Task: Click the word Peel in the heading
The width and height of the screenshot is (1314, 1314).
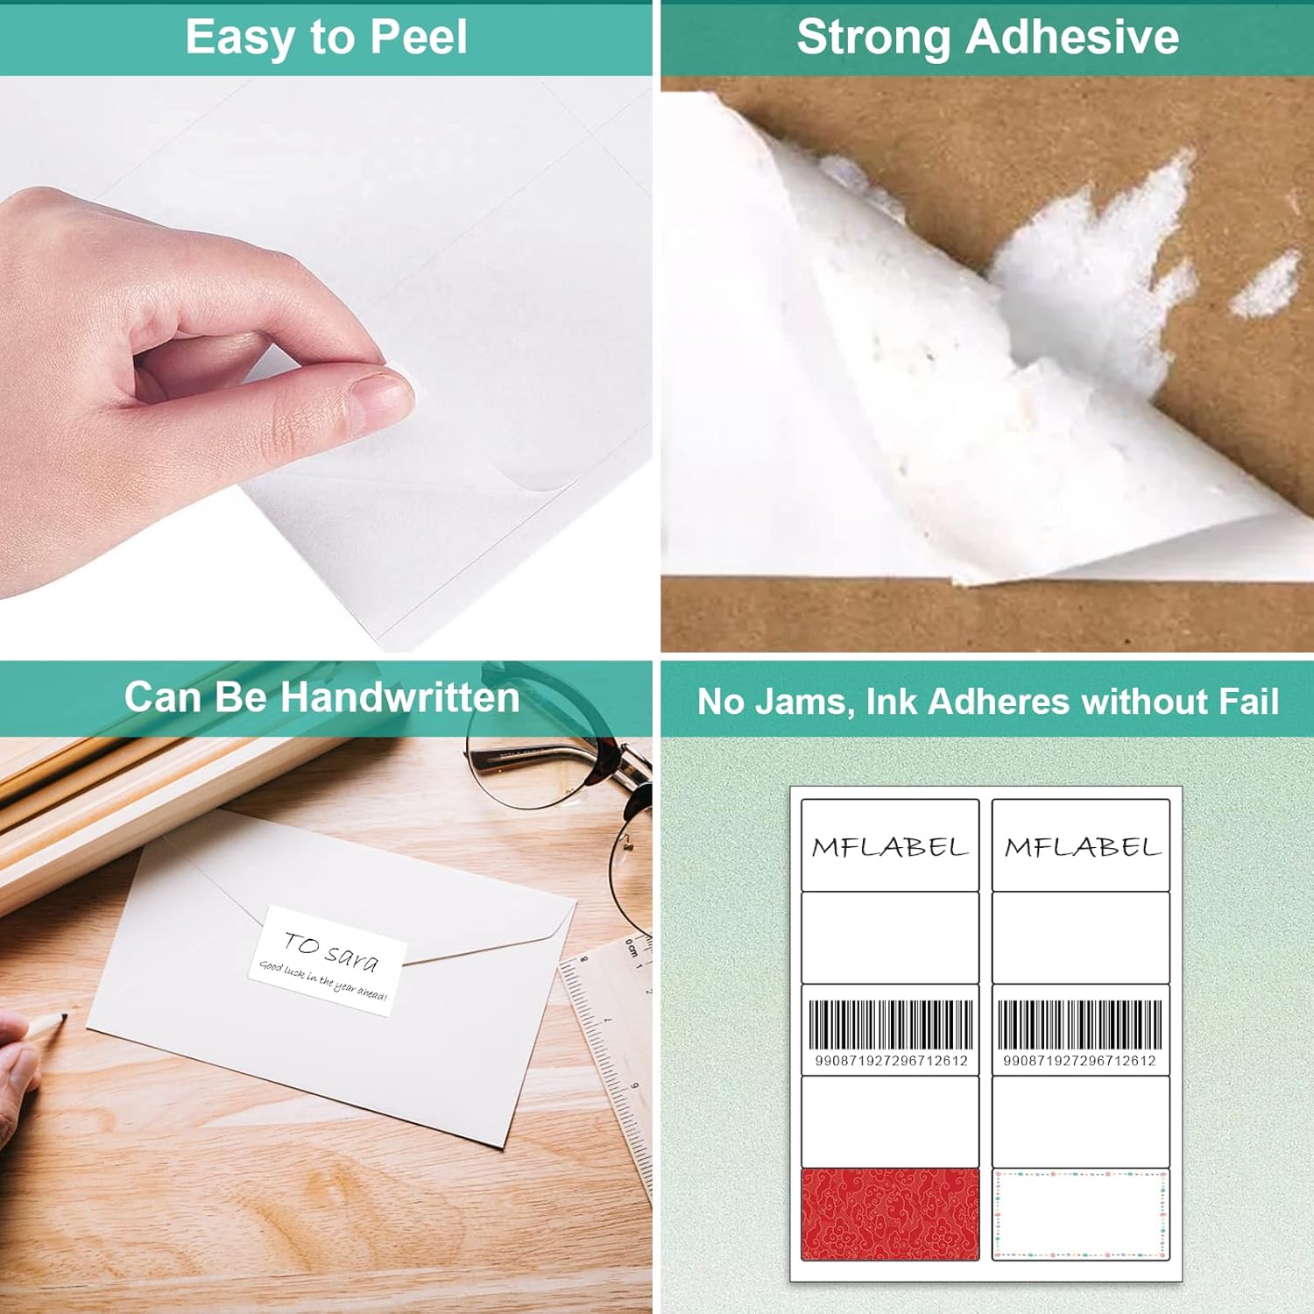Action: pyautogui.click(x=419, y=38)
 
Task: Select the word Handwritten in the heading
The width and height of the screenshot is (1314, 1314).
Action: pyautogui.click(x=400, y=698)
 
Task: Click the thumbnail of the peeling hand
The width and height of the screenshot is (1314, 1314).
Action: pyautogui.click(x=326, y=364)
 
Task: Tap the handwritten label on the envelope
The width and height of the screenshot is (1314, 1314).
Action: pyautogui.click(x=327, y=960)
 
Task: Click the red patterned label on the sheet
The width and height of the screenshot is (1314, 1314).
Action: pyautogui.click(x=889, y=1214)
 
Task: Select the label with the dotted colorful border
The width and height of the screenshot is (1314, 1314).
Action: pyautogui.click(x=1081, y=1214)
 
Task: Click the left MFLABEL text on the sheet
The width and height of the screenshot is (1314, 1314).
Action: pyautogui.click(x=889, y=847)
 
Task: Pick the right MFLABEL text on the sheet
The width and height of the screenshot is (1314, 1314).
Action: pyautogui.click(x=1082, y=847)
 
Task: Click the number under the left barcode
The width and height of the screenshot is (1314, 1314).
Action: pyautogui.click(x=891, y=1061)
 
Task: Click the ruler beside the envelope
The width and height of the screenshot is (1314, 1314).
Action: pyautogui.click(x=613, y=1051)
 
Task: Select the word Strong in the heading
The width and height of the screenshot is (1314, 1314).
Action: pyautogui.click(x=872, y=38)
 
